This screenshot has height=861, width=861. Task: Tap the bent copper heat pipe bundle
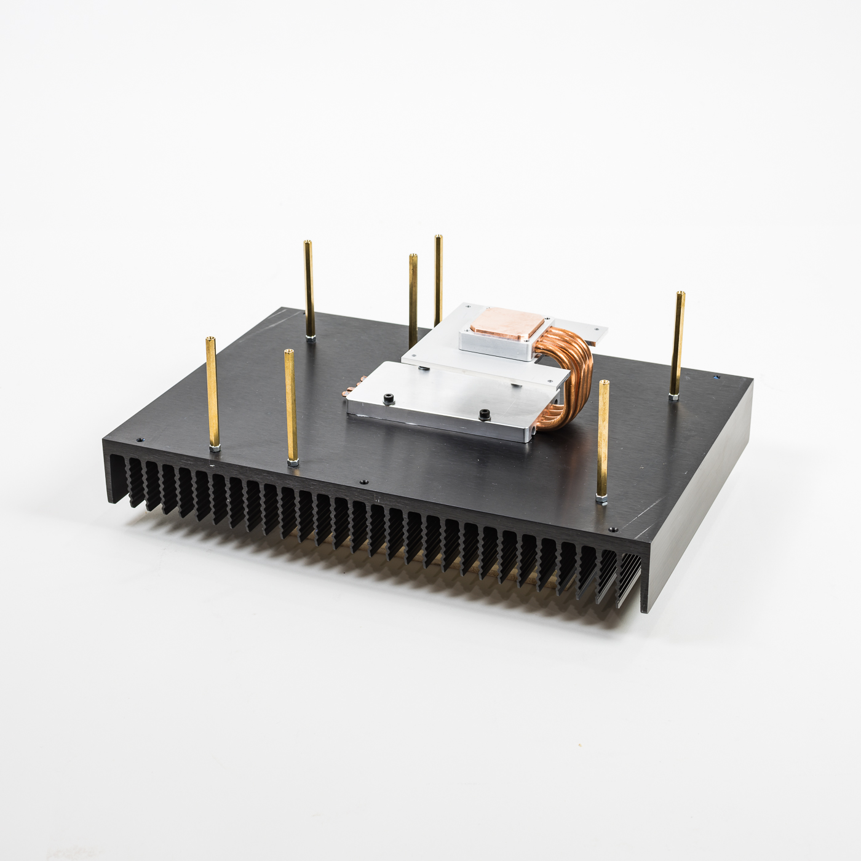pyautogui.click(x=566, y=369)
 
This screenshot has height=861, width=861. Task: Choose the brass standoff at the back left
pyautogui.click(x=309, y=289)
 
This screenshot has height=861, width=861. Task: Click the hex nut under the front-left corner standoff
pyautogui.click(x=213, y=448)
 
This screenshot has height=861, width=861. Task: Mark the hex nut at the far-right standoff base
pyautogui.click(x=674, y=398)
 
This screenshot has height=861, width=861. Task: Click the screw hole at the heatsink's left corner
pyautogui.click(x=140, y=441)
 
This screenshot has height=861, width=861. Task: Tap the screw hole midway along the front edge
pyautogui.click(x=363, y=483)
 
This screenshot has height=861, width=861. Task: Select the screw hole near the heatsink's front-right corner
pyautogui.click(x=613, y=528)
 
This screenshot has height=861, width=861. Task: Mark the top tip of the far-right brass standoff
pyautogui.click(x=680, y=294)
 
